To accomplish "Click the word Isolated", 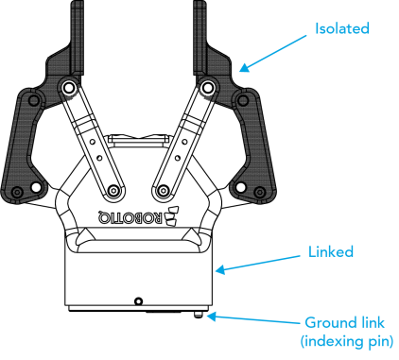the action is pos(342,28).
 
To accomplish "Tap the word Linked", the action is pos(331,252).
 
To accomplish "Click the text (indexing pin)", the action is pos(347,341).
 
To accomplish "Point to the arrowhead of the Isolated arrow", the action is pos(244,67).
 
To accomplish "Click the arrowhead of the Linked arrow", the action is pos(220,269).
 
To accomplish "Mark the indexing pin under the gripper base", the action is pos(199,315).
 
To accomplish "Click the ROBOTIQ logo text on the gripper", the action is pos(130,216).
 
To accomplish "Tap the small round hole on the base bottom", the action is pos(138,301).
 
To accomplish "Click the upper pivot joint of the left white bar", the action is pos(68,87).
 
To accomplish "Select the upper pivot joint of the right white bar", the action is pos(207,87).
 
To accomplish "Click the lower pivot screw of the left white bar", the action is pos(113,190).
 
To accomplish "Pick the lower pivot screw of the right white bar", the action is pos(163,190).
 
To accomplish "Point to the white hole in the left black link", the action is pos(36,187).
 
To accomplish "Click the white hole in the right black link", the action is pos(240,187).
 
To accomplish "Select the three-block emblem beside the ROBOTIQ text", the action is pos(172,216).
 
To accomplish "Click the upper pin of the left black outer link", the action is pos(33,101).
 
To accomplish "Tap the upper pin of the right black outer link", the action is pos(242,101).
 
